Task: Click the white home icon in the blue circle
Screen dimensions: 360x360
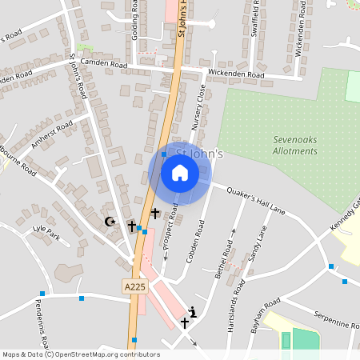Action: (x=179, y=172)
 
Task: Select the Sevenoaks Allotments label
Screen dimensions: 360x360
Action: (x=294, y=146)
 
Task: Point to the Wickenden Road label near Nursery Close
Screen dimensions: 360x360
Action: (x=235, y=74)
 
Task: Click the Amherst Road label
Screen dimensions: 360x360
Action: (x=51, y=134)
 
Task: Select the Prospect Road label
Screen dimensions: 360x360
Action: (x=170, y=232)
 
